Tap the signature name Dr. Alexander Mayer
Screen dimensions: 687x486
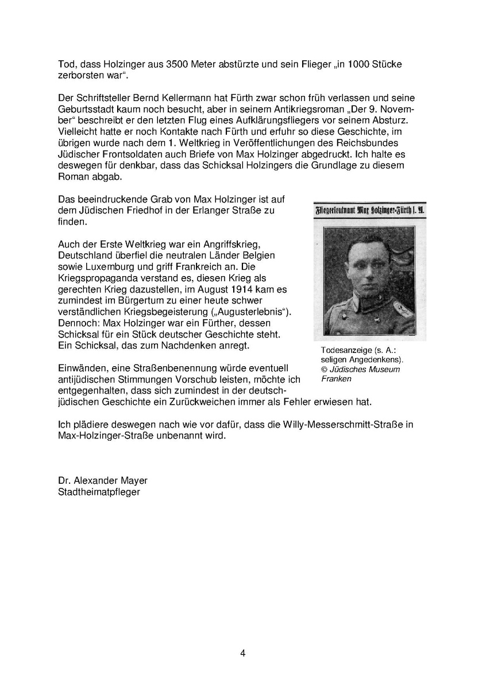point(98,481)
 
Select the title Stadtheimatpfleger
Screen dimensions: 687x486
point(99,492)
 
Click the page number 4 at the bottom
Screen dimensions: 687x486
point(243,653)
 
